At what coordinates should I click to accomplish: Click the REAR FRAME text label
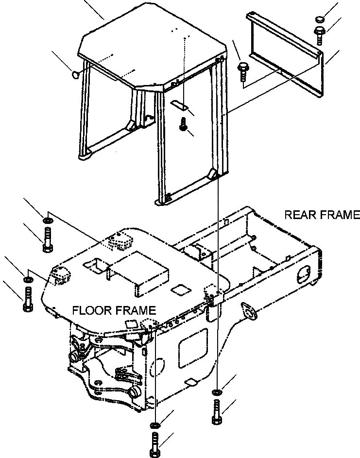322,215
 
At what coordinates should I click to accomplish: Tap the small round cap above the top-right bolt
319,19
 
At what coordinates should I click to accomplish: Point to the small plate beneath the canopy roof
180,104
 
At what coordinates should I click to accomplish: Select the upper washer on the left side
47,221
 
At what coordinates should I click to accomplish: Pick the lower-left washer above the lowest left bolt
28,279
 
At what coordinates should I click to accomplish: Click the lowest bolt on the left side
27,299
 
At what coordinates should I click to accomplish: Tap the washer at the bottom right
216,391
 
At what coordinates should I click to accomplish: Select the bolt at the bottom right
216,412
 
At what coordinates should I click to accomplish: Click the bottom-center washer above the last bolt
155,425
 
